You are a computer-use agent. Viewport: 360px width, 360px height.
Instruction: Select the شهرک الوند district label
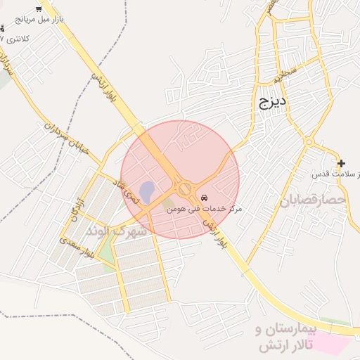(x=116, y=231)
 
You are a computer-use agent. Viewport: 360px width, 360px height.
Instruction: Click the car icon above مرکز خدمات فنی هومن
(x=205, y=198)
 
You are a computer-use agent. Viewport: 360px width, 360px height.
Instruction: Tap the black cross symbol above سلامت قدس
(x=341, y=163)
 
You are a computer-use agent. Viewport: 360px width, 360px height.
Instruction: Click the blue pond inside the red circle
(x=146, y=191)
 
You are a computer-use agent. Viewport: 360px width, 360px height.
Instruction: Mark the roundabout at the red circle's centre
(x=185, y=188)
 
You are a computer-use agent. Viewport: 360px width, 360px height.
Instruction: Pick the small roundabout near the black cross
(x=308, y=143)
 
